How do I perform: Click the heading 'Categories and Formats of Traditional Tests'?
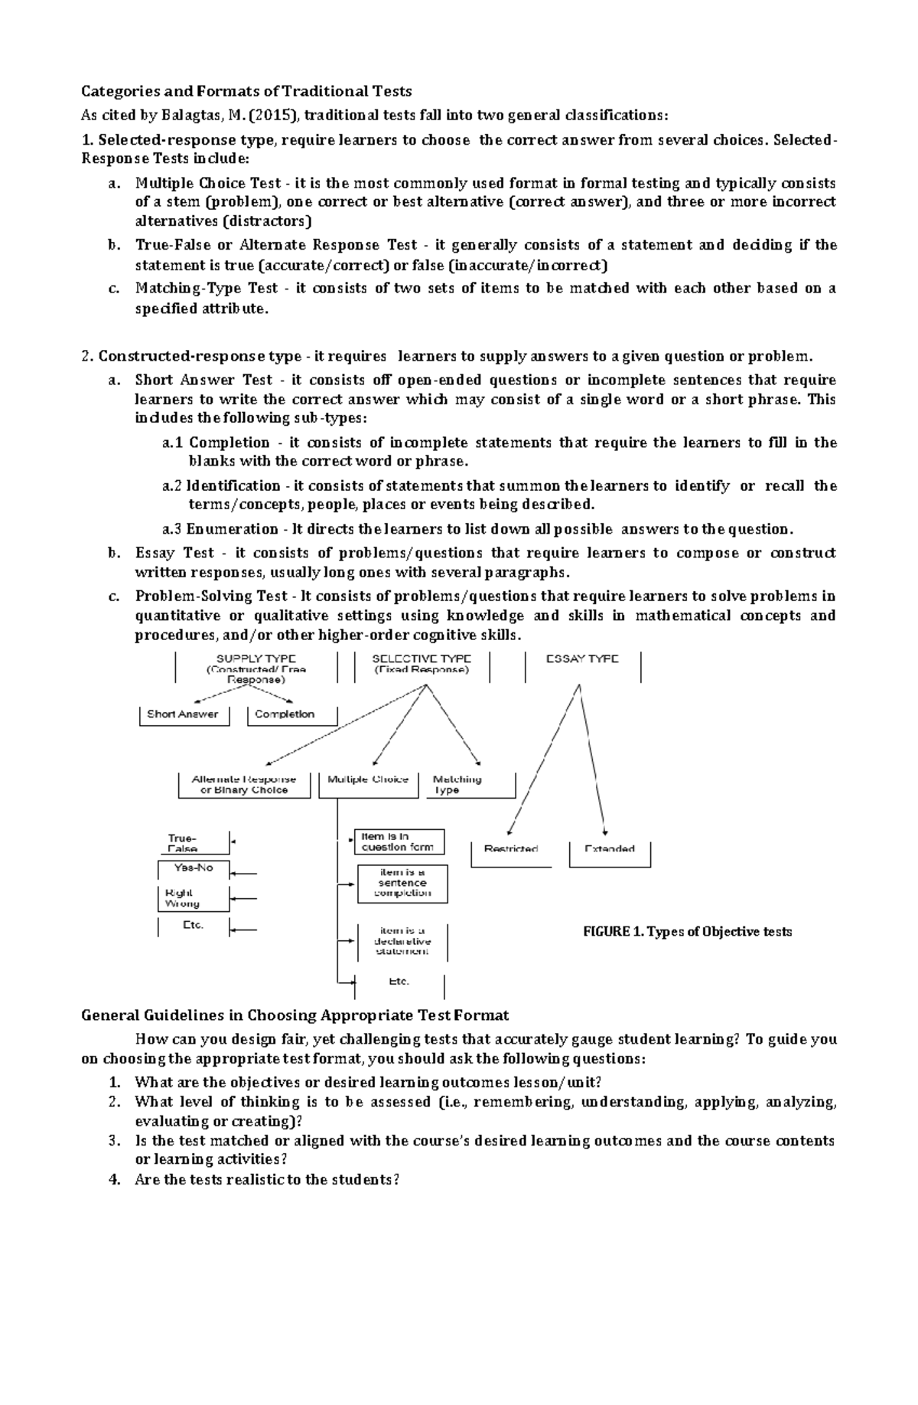tap(246, 91)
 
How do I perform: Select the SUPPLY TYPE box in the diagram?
tap(256, 668)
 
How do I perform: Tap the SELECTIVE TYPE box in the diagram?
tap(422, 665)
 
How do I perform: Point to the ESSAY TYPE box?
tap(583, 660)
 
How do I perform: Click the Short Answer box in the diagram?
tap(183, 714)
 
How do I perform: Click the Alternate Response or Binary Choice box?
tap(244, 785)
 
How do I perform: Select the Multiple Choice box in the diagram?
tap(367, 780)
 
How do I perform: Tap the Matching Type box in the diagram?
tap(457, 785)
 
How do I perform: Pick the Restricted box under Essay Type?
tap(510, 849)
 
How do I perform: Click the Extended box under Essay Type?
tap(610, 849)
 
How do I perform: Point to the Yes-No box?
tap(194, 868)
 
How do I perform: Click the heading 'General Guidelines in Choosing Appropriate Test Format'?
tap(295, 1015)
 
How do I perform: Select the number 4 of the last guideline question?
tap(114, 1180)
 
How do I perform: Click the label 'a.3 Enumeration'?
tap(220, 529)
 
